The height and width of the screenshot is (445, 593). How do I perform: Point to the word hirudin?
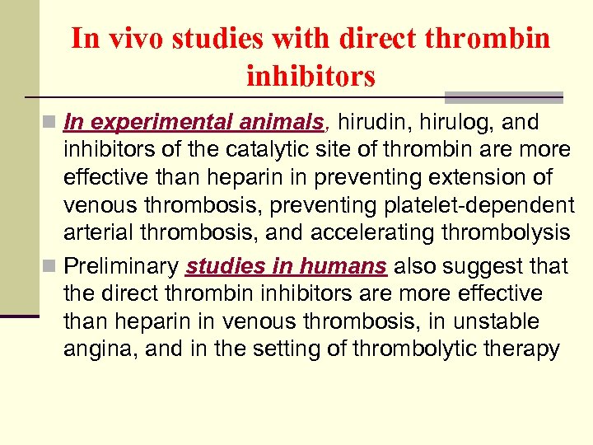367,123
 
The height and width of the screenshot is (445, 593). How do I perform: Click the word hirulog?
449,123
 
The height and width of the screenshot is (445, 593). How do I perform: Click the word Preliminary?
121,267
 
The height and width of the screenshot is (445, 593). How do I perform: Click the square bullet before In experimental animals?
54,124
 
